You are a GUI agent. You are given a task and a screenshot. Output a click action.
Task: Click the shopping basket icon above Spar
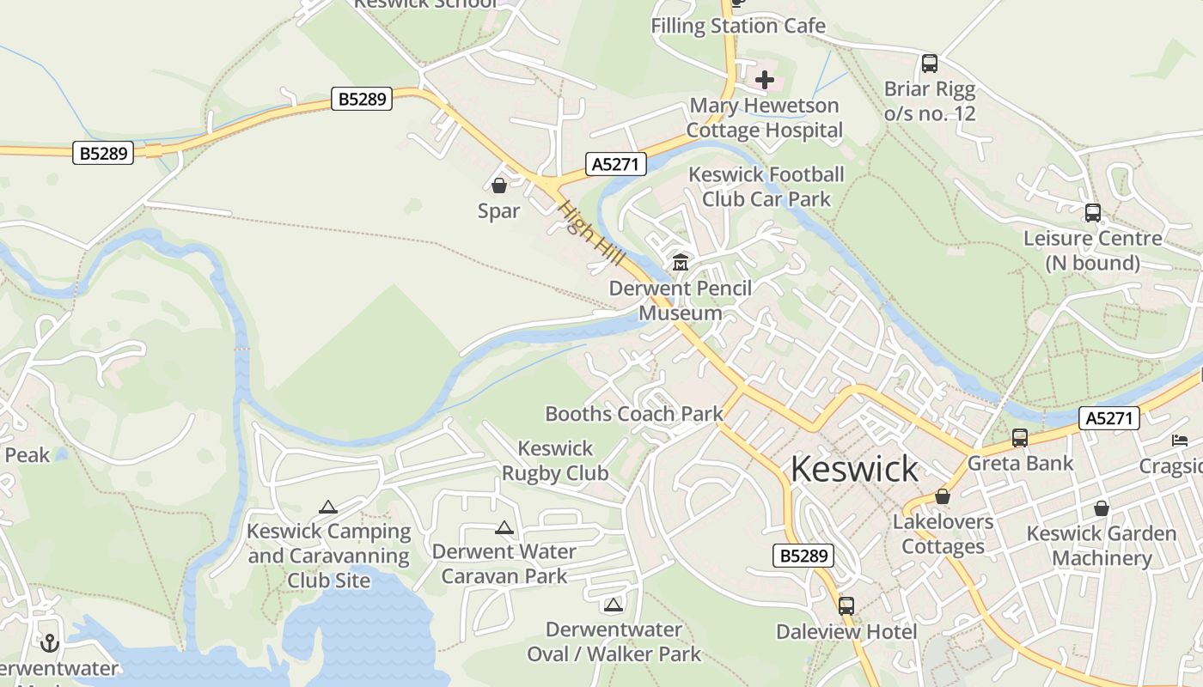(x=499, y=185)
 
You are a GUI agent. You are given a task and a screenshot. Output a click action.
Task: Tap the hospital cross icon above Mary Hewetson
(x=765, y=81)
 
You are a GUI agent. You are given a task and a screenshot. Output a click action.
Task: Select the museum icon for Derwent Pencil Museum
(x=681, y=262)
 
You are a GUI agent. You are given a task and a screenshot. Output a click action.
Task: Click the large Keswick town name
(x=854, y=469)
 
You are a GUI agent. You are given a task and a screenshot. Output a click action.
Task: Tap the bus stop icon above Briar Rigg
(x=930, y=63)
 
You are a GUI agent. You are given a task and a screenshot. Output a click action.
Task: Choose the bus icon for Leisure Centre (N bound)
(x=1092, y=213)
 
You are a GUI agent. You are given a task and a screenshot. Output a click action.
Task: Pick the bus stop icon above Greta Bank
(x=1020, y=438)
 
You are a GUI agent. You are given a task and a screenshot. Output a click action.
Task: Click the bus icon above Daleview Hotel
(x=846, y=605)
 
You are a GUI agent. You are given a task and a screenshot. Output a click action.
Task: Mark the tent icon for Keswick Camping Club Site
(x=327, y=508)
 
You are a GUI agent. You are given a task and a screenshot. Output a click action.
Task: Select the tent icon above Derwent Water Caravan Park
(x=504, y=527)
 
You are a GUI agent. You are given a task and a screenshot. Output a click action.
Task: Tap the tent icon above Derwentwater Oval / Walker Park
(x=613, y=605)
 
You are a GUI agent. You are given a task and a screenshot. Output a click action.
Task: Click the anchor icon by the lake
(x=50, y=642)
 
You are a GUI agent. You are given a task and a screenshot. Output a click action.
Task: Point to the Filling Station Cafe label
(x=738, y=26)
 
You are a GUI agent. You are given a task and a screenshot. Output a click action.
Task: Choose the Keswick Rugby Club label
(x=555, y=460)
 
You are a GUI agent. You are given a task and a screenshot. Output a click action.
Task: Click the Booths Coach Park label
(x=634, y=414)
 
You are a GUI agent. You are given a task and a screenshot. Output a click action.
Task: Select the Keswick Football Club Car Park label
(x=766, y=187)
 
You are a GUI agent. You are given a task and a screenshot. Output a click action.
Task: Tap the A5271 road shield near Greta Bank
(x=1109, y=418)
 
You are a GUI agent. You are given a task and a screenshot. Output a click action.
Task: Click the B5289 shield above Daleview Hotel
(x=803, y=556)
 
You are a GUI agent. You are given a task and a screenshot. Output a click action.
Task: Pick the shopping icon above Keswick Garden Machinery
(x=1101, y=508)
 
